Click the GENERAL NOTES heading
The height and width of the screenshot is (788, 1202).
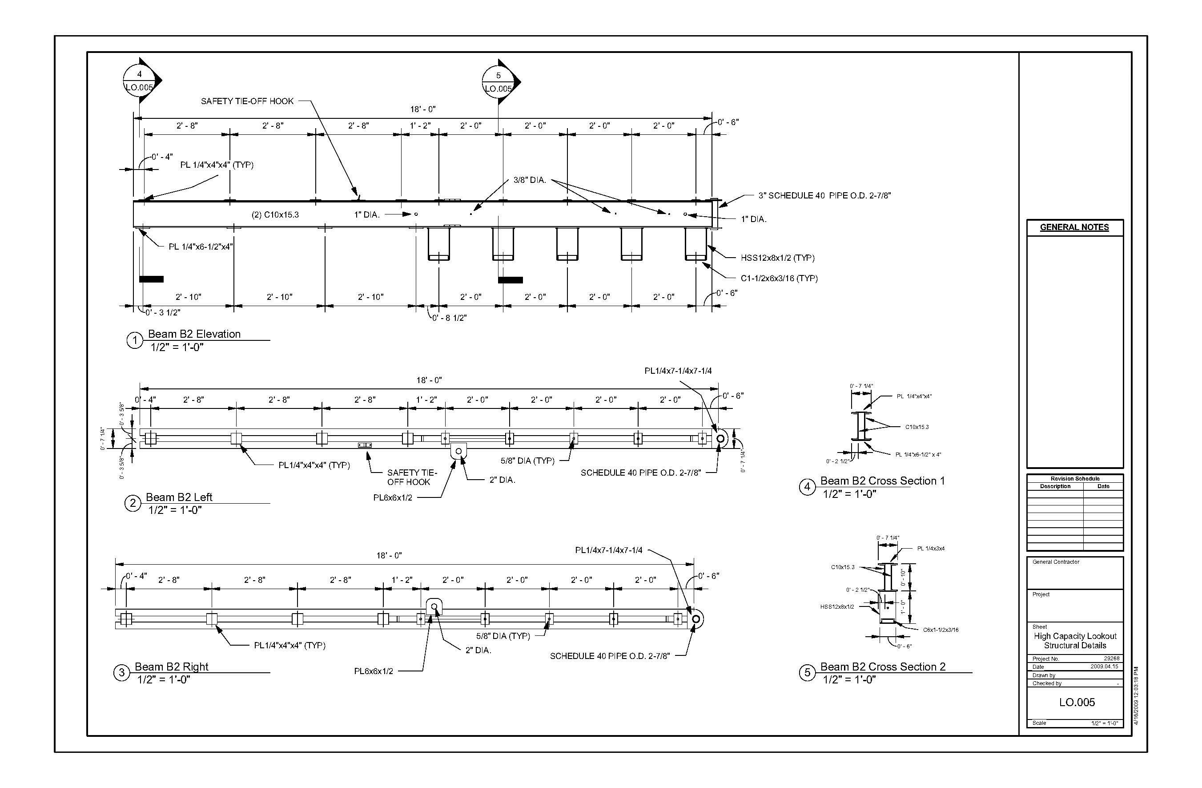tap(1074, 227)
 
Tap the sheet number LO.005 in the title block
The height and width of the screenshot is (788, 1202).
tap(1077, 702)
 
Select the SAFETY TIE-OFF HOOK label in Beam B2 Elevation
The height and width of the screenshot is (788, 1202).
tap(247, 101)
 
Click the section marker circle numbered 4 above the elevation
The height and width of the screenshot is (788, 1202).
tap(139, 81)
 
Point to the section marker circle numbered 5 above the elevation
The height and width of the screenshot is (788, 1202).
tap(498, 82)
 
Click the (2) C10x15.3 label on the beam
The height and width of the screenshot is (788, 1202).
tap(275, 215)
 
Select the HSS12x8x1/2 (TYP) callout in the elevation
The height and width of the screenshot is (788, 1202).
tap(778, 258)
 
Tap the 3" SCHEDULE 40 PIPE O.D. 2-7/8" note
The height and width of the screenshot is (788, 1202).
tap(825, 196)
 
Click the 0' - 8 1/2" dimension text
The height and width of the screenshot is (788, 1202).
tap(450, 318)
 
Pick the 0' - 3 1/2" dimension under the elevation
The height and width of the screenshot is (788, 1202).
tap(163, 312)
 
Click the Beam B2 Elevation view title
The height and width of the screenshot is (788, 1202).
tap(194, 334)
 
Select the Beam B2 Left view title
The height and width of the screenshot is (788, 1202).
tap(179, 497)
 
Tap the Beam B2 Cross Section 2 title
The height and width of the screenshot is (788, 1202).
tap(883, 667)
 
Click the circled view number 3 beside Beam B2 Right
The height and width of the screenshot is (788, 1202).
tap(121, 673)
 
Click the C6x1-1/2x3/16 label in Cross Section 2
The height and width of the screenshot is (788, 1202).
tap(941, 630)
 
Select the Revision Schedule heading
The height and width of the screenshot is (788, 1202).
tap(1075, 479)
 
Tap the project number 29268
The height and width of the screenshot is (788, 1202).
tap(1112, 659)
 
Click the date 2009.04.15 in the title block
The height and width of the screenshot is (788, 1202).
tap(1105, 667)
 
